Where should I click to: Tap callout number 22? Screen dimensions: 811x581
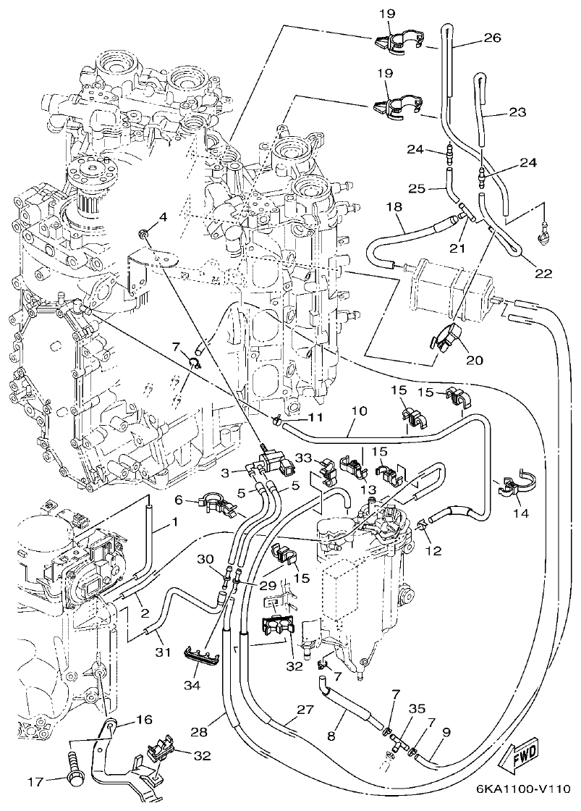coord(543,274)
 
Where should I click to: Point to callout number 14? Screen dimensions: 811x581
coord(520,513)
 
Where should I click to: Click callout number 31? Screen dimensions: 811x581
coord(164,652)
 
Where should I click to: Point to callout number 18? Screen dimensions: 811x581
coord(394,207)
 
